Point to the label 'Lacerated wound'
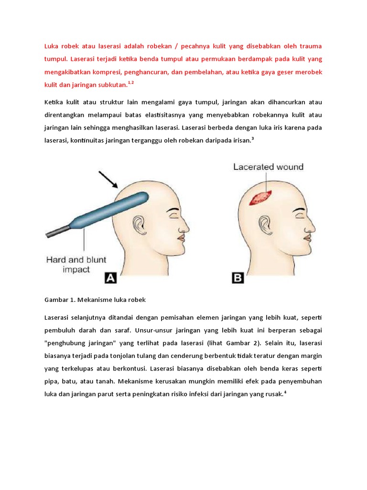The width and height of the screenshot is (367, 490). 268,167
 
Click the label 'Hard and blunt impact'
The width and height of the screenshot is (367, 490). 76,265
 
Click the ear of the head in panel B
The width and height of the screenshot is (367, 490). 264,224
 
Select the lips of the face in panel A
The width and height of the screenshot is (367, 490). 182,237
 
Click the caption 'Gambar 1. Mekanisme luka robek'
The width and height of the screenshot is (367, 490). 95,300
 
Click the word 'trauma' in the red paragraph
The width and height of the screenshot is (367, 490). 310,46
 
